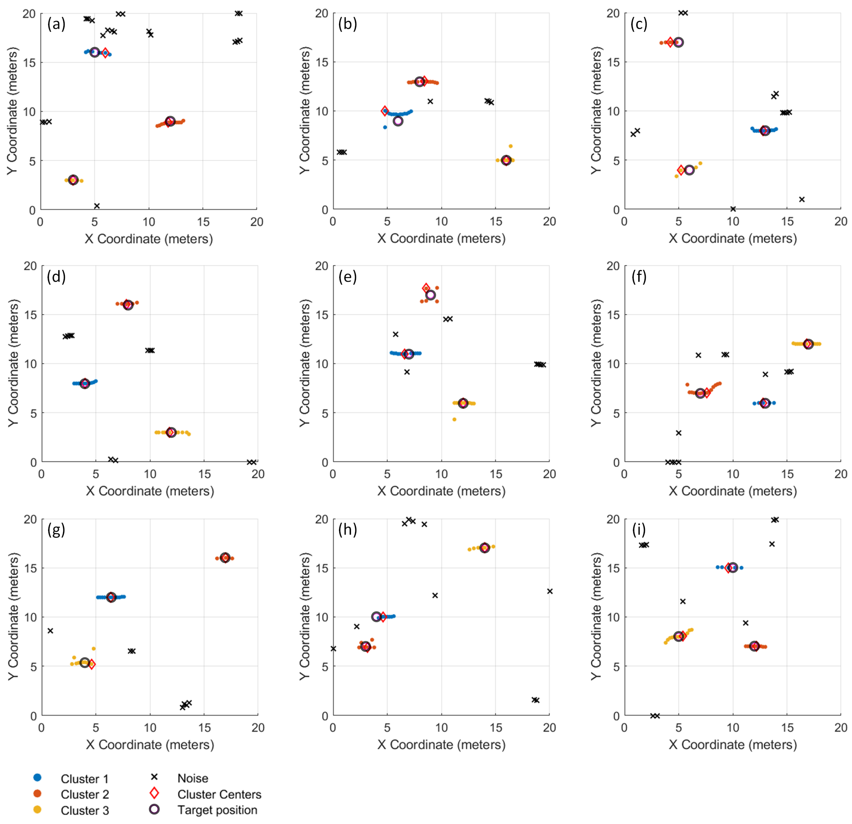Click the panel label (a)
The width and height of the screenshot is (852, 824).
pos(56,24)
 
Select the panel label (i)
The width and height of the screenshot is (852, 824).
pos(639,529)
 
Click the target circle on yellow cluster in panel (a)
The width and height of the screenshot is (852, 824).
pos(73,180)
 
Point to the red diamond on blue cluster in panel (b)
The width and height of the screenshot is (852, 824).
pos(385,111)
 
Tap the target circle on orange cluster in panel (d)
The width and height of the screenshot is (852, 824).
pos(128,305)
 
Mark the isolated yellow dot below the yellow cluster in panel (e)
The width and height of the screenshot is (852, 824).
pos(454,420)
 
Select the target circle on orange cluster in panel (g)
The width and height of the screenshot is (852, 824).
pos(225,558)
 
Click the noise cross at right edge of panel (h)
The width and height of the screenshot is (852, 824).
pos(550,591)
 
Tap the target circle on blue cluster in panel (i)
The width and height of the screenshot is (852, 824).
pos(733,568)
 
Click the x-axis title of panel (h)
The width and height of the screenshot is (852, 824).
pos(441,744)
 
